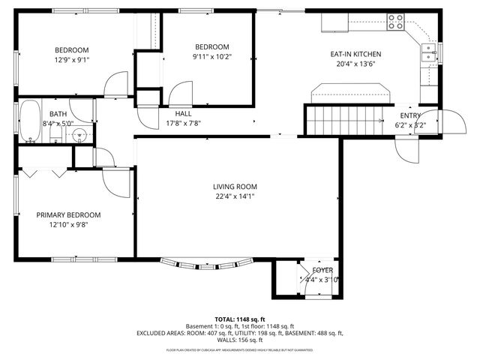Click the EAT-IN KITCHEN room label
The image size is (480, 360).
356,54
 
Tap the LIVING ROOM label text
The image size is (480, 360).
235,187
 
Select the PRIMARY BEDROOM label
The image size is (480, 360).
68,214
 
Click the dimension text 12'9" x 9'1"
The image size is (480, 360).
71,59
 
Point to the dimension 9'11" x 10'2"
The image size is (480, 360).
211,55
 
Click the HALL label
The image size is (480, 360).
183,113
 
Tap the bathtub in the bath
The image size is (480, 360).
30,121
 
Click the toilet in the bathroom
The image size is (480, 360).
79,134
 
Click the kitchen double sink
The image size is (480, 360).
430,52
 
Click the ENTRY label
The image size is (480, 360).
409,115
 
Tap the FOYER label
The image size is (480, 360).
322,270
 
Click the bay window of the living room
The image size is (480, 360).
206,263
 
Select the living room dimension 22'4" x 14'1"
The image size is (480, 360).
235,197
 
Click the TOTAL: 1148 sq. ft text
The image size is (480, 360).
239,318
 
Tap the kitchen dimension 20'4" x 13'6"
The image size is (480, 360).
356,64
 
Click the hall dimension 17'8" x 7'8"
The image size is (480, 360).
183,124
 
